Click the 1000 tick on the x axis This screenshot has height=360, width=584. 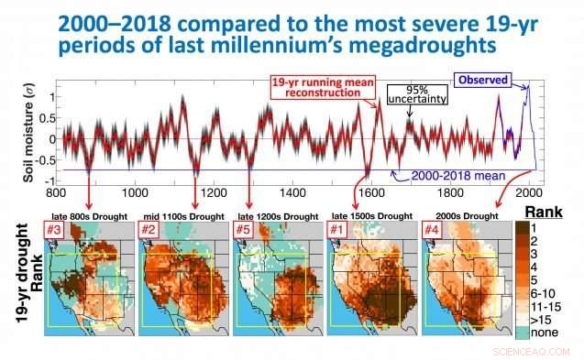(x=136, y=193)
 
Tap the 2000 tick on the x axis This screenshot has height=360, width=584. (x=528, y=193)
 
